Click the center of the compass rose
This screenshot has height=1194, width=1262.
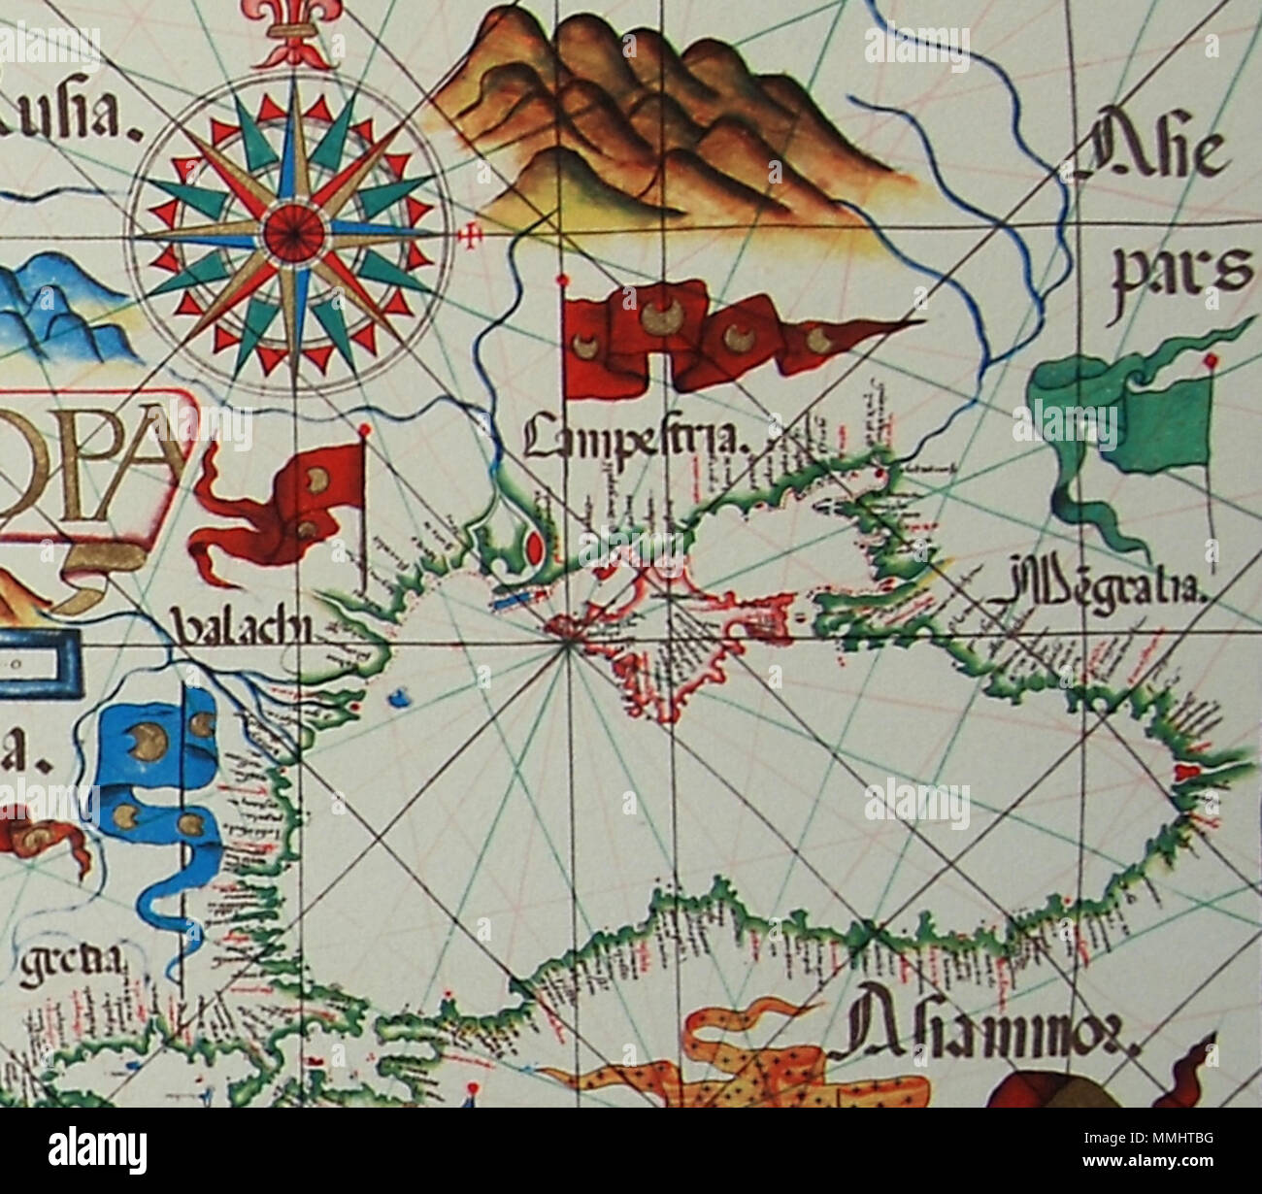pyautogui.click(x=292, y=232)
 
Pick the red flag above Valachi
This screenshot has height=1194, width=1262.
pyautogui.click(x=291, y=505)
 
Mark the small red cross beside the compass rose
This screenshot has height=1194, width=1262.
pyautogui.click(x=473, y=236)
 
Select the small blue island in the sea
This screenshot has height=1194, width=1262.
pyautogui.click(x=396, y=697)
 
